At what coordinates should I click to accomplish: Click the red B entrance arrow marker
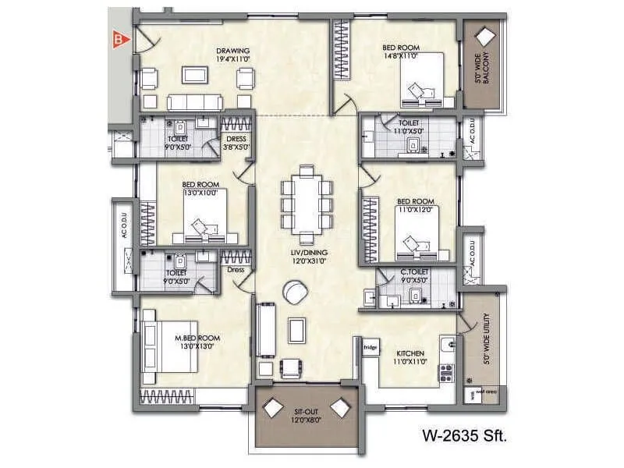click(119, 37)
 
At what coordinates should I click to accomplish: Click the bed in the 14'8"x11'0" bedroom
click(422, 80)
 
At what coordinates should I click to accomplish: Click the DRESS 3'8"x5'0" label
click(236, 143)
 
